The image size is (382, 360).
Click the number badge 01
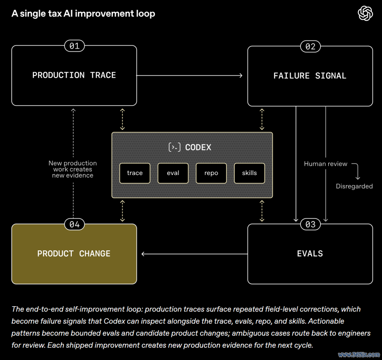pyautogui.click(x=74, y=46)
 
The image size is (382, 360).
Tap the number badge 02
pyautogui.click(x=311, y=46)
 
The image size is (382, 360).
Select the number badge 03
pyautogui.click(x=311, y=224)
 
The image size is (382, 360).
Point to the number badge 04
pyautogui.click(x=74, y=224)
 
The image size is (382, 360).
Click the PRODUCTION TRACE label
pyautogui.click(x=74, y=75)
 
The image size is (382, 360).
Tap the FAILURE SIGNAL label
pyautogui.click(x=310, y=76)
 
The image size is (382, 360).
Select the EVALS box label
pyautogui.click(x=310, y=254)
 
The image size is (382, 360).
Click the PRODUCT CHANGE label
pyautogui.click(x=74, y=254)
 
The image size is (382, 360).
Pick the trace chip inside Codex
pyautogui.click(x=135, y=173)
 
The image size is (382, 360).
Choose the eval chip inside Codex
pyautogui.click(x=173, y=173)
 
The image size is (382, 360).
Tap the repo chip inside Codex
pyautogui.click(x=211, y=173)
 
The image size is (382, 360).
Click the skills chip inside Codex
pyautogui.click(x=249, y=173)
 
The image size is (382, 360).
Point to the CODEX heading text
pyautogui.click(x=198, y=147)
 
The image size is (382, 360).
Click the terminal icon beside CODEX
pyautogui.click(x=175, y=147)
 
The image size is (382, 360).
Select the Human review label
pyautogui.click(x=325, y=164)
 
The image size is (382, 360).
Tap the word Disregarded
pyautogui.click(x=354, y=186)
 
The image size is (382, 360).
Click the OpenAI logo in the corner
pyautogui.click(x=365, y=13)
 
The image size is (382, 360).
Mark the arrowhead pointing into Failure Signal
pyautogui.click(x=241, y=76)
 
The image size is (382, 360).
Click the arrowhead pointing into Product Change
pyautogui.click(x=143, y=254)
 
